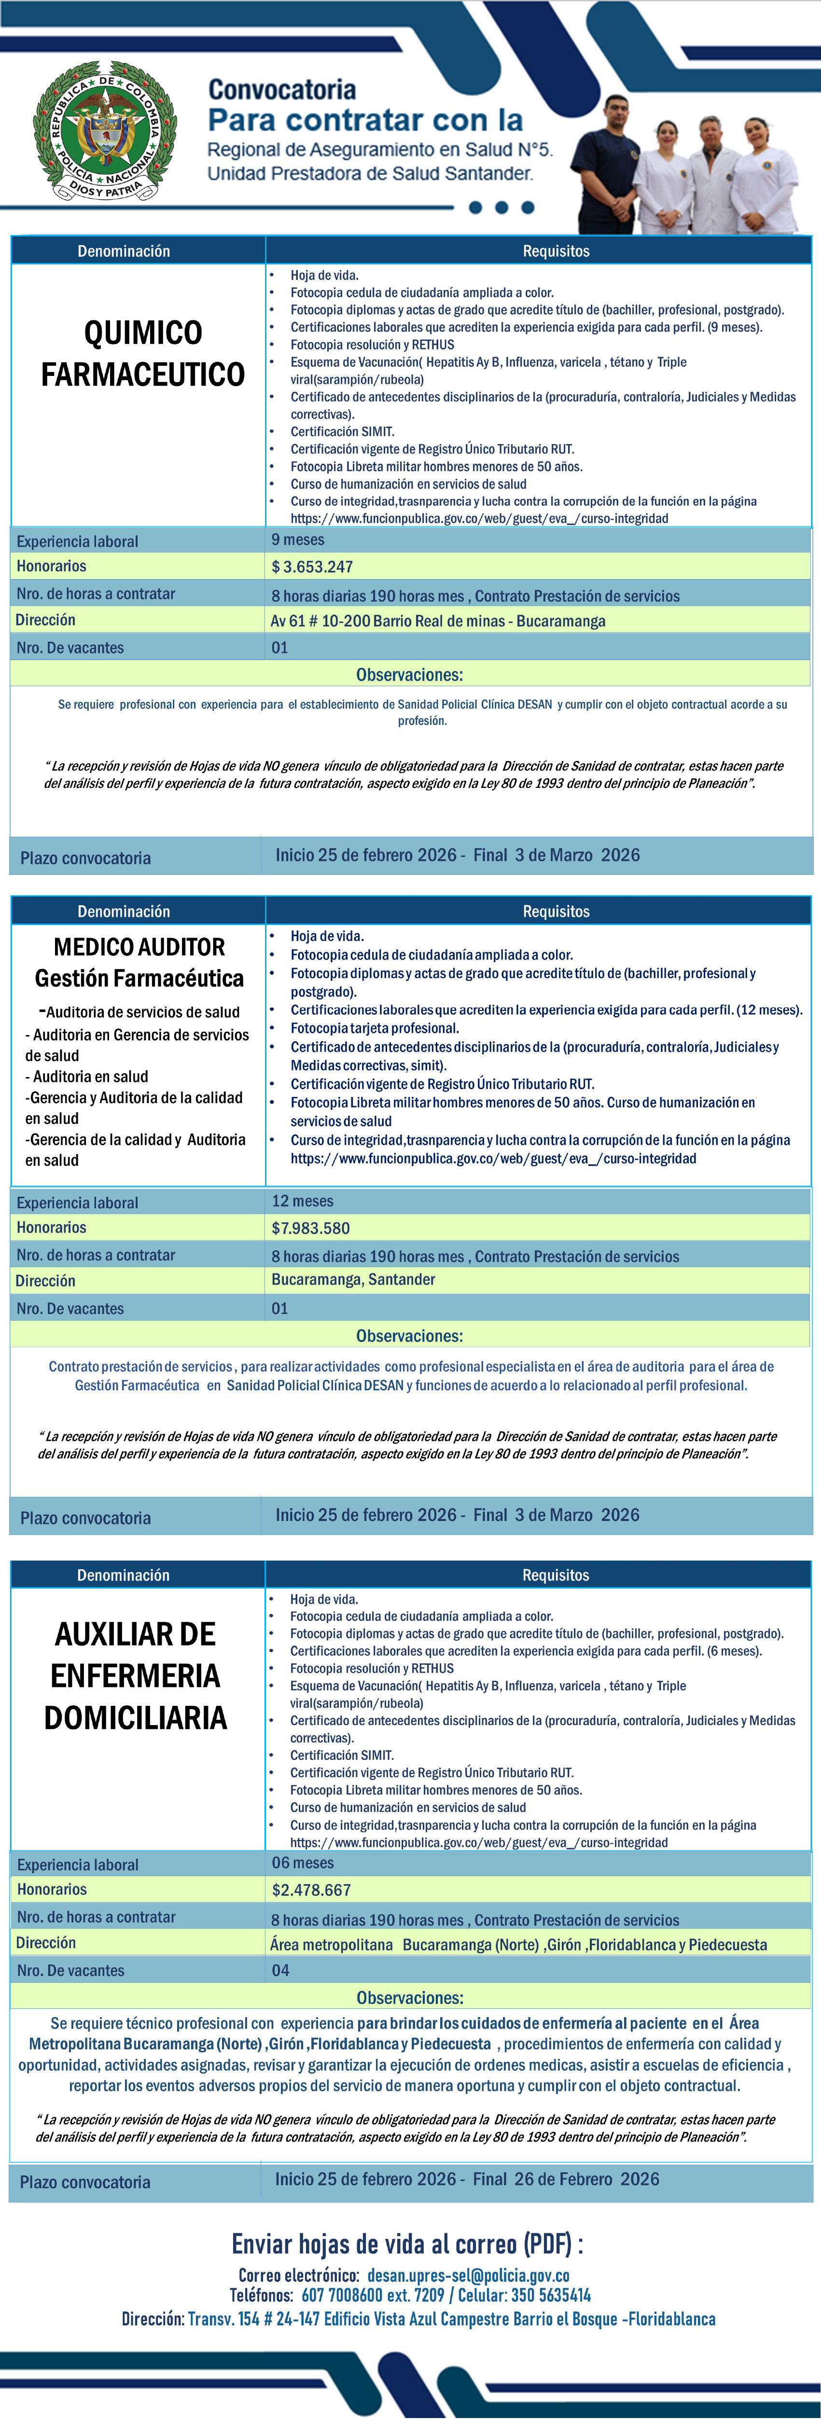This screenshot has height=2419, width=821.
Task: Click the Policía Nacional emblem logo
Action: tap(104, 130)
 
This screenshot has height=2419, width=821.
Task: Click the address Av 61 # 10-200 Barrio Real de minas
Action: tap(438, 621)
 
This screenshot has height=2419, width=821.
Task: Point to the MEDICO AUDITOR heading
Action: tap(139, 947)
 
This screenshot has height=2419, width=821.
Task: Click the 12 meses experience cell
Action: tap(303, 1201)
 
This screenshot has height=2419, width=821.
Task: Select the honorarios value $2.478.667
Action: tap(311, 1889)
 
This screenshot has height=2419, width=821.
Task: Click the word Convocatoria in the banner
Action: tap(282, 90)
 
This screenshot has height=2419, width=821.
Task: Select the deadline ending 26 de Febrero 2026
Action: tap(467, 2179)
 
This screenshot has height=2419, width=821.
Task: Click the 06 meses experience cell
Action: tap(303, 1863)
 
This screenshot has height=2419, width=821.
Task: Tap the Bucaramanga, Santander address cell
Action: tap(353, 1280)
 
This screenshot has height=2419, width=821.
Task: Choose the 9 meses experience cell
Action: tap(298, 540)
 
